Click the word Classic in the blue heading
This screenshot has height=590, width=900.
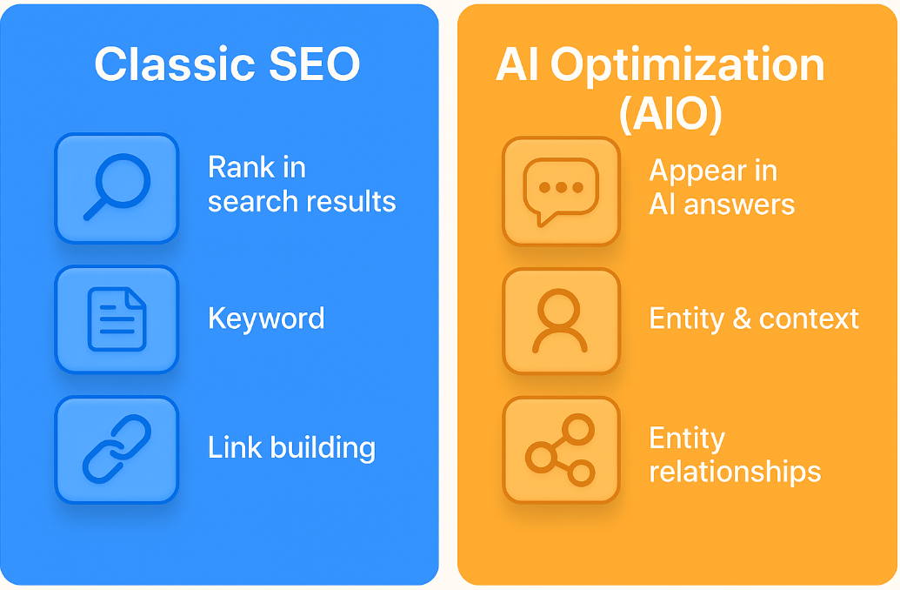click(175, 64)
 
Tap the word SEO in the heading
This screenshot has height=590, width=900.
click(314, 64)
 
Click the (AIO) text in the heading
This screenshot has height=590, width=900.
click(670, 113)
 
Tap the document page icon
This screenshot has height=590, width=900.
click(117, 318)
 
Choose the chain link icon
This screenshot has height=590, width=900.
click(117, 449)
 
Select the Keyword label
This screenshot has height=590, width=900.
click(266, 318)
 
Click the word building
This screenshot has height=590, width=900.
click(323, 448)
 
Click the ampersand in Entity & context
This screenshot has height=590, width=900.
click(742, 318)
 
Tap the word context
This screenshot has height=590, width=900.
click(809, 318)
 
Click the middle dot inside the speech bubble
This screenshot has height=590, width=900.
click(561, 187)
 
